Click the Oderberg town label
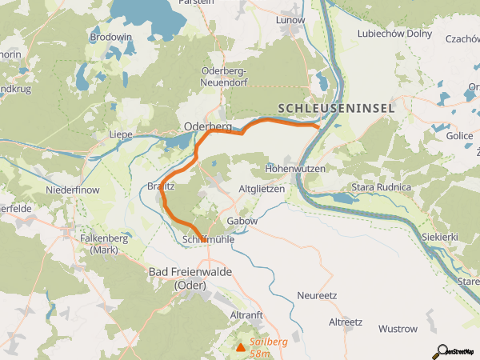coord(207,126)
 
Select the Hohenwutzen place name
coord(294,169)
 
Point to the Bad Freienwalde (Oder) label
coord(190,278)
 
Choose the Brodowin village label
coord(111,38)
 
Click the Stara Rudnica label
coord(380,187)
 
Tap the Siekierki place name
coord(441,238)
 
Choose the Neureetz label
coord(317,295)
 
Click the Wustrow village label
coord(398,329)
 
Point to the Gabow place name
coord(243,221)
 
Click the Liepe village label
coord(120,134)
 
